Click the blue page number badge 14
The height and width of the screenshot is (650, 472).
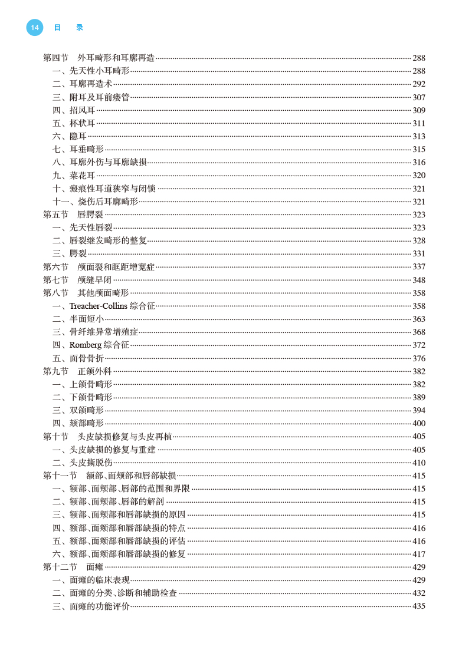(x=35, y=27)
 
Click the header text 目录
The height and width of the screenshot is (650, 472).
(x=68, y=27)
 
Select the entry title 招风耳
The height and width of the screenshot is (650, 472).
(x=82, y=110)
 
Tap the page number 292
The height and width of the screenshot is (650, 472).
(x=419, y=84)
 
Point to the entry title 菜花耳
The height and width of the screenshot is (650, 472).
(x=82, y=176)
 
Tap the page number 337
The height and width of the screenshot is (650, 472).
(x=419, y=267)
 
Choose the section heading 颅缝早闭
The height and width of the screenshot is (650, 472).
(x=94, y=280)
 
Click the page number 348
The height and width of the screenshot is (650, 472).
(x=419, y=280)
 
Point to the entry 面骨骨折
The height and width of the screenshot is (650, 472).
(x=86, y=358)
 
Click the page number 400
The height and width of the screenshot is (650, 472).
(x=419, y=423)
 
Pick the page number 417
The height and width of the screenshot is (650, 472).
(x=419, y=554)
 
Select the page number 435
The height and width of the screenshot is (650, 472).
(x=419, y=606)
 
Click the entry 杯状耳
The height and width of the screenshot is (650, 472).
(x=82, y=123)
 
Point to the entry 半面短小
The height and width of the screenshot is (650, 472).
(x=86, y=319)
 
